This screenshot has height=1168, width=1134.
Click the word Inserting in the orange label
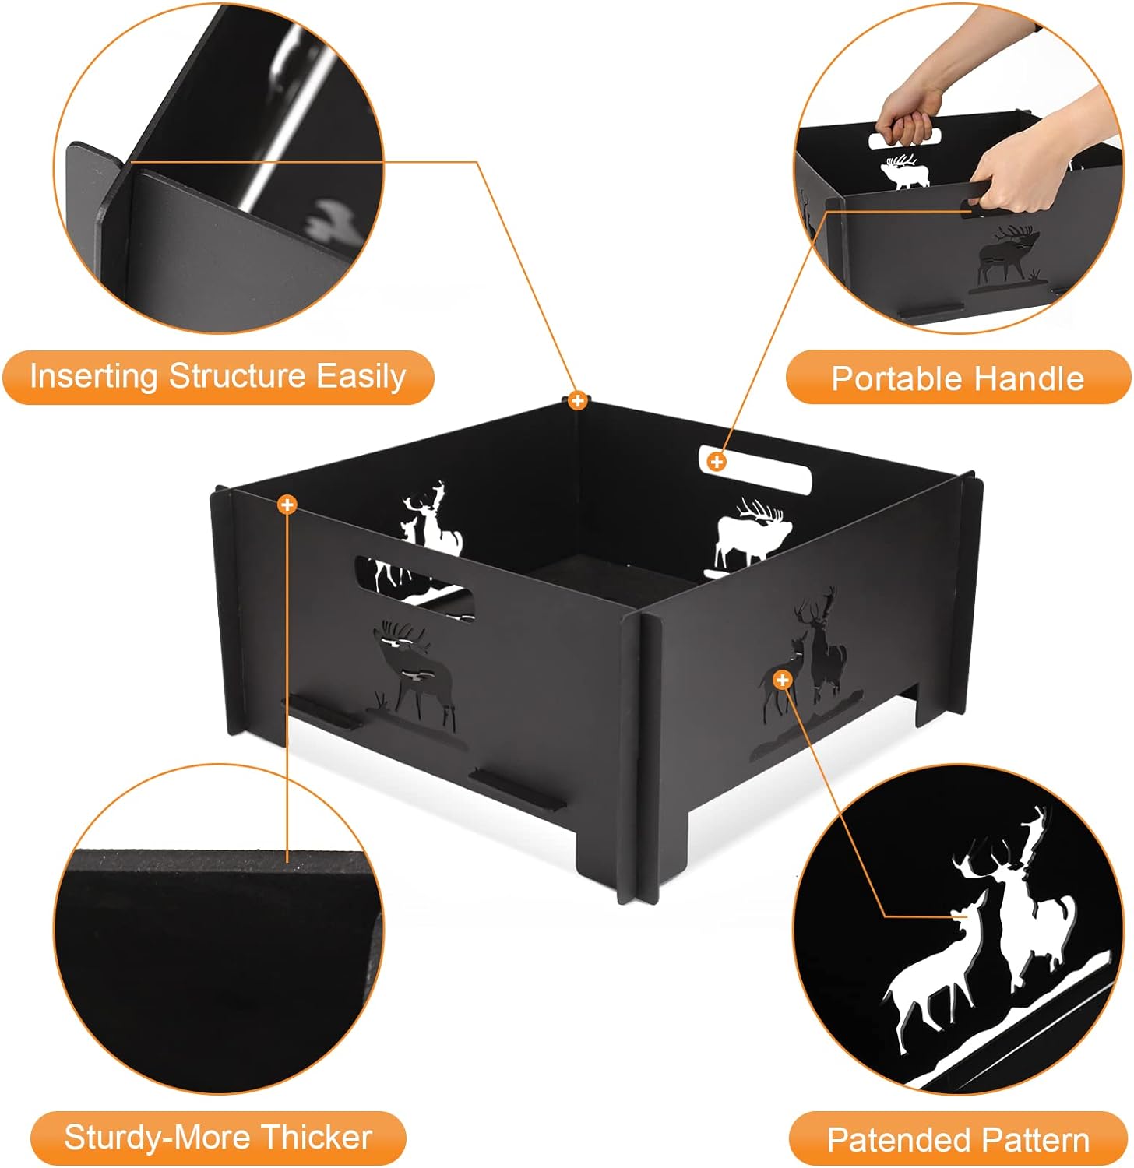tap(94, 377)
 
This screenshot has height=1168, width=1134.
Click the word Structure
tap(238, 377)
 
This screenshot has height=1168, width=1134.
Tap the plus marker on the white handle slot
tap(716, 462)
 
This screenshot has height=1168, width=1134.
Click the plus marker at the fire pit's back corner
tap(577, 401)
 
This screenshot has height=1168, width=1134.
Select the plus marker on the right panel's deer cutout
tap(782, 680)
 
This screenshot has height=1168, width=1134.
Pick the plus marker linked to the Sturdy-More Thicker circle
tap(287, 505)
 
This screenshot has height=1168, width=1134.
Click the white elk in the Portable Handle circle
tap(905, 172)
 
